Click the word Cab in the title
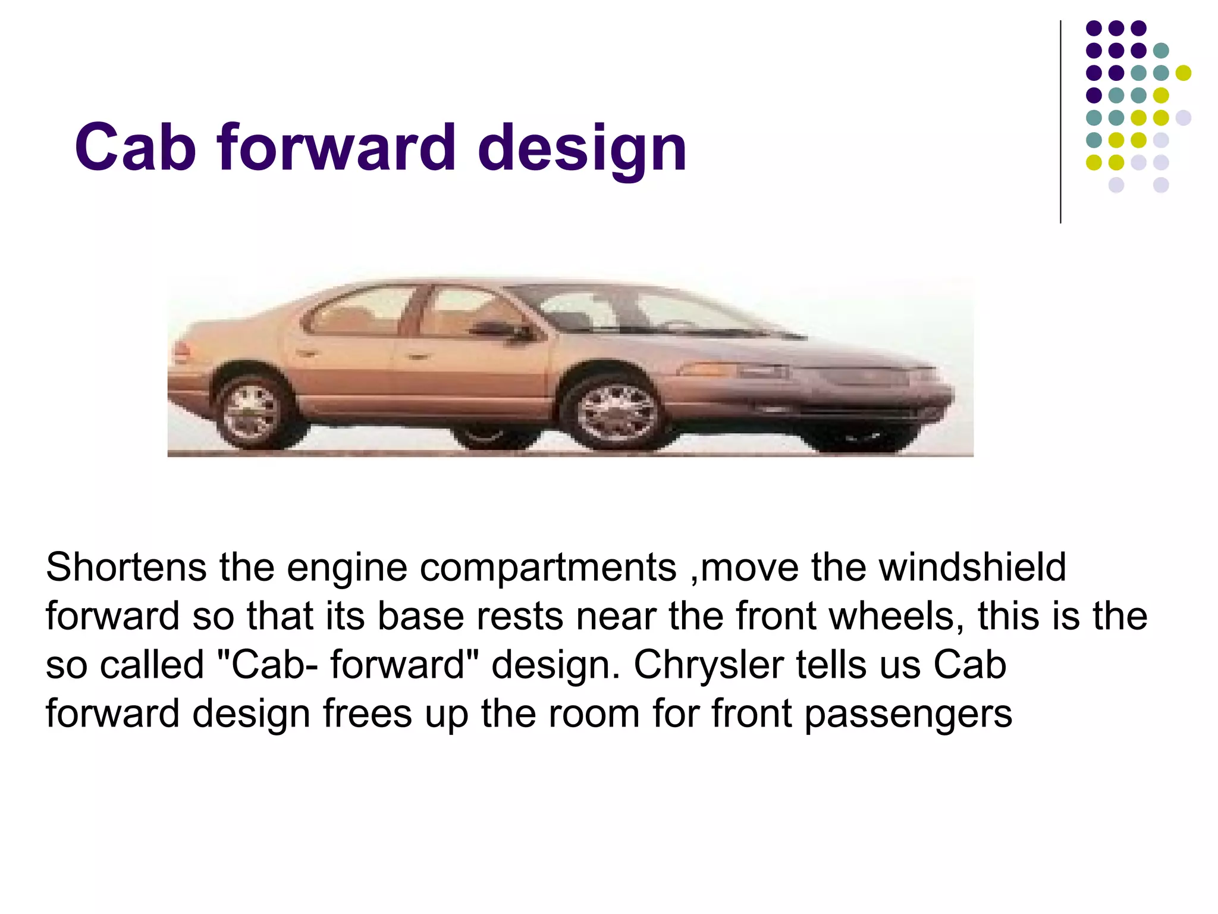135,148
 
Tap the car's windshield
684,312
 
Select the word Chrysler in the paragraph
708,665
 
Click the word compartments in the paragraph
548,568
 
